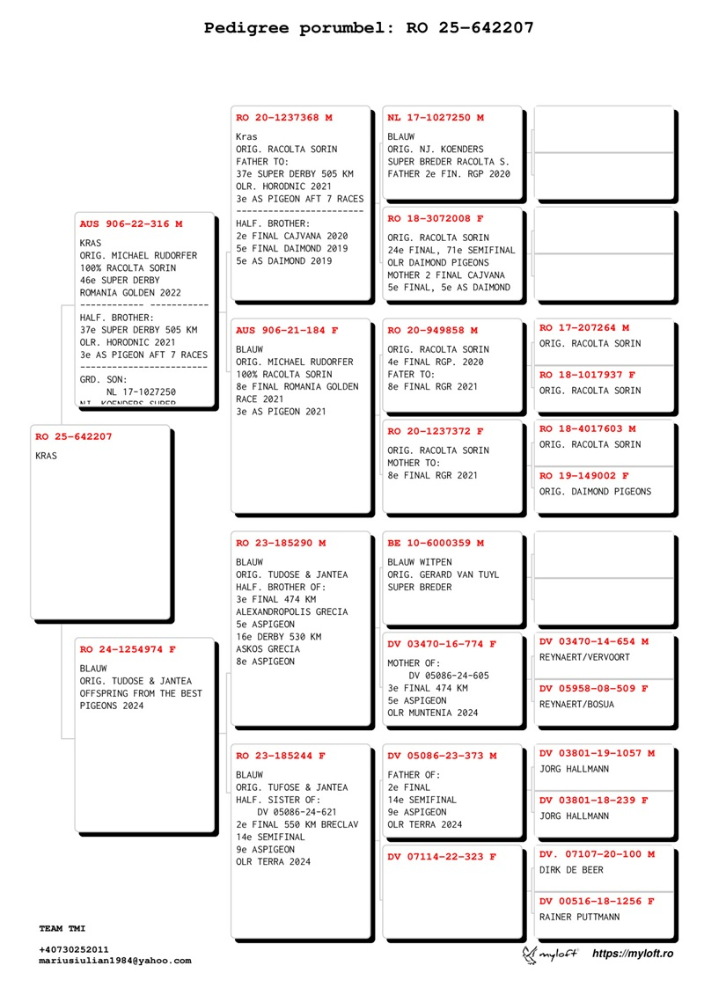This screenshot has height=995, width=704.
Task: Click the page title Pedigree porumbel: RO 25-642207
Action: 369,27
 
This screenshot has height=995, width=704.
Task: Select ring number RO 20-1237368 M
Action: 284,117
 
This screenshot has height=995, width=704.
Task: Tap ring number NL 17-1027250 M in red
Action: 436,117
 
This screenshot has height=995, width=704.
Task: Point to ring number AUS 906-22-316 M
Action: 131,224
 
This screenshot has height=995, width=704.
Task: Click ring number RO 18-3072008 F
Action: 436,218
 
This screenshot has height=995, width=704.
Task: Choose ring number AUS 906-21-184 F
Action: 287,330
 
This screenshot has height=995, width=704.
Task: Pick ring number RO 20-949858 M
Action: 433,330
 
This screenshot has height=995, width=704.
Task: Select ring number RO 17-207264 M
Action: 584,327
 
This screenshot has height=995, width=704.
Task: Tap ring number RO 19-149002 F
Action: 584,476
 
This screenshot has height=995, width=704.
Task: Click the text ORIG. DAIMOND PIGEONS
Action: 595,492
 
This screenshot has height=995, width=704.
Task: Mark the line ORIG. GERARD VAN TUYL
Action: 443,574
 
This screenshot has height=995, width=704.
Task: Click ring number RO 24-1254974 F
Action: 128,649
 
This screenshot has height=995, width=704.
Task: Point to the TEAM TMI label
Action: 62,929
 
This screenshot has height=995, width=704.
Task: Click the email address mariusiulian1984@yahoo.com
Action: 114,961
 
